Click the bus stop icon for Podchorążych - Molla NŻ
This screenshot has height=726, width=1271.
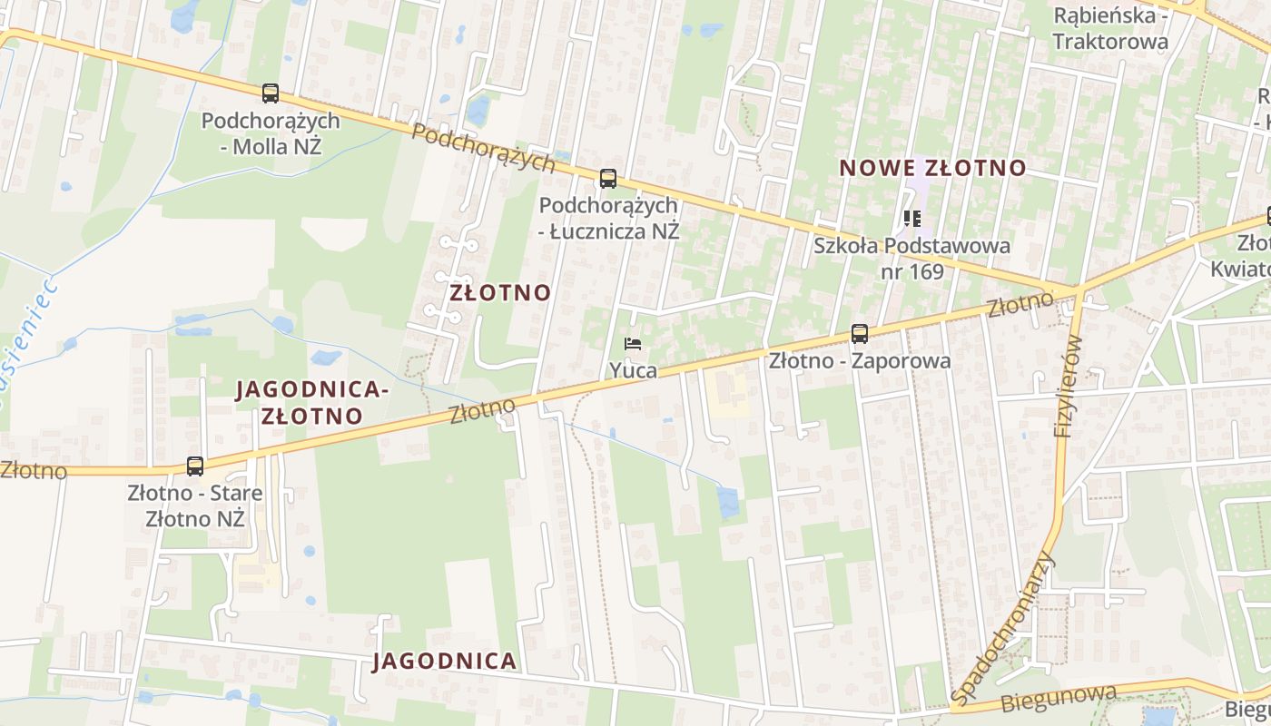tap(271, 93)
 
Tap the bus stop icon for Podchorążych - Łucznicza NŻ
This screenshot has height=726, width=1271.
tap(608, 178)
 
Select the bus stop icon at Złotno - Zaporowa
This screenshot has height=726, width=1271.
tap(860, 333)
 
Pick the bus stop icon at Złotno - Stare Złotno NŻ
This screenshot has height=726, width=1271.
tap(195, 466)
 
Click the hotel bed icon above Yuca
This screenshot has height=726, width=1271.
tap(634, 344)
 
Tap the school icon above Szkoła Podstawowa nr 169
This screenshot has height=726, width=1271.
tap(912, 218)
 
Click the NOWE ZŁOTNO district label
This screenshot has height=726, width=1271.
tap(932, 168)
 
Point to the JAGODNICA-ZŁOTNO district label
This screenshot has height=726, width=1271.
tap(312, 402)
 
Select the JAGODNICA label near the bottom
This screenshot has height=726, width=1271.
tap(445, 661)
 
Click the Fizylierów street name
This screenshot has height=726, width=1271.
tap(1069, 386)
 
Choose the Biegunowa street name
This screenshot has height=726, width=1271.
tap(1059, 699)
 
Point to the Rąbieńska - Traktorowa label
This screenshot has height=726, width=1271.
tap(1109, 28)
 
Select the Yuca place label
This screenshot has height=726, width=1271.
tap(634, 369)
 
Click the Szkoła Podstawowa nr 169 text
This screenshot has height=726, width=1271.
tap(911, 258)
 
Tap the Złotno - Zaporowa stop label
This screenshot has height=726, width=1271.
tap(860, 360)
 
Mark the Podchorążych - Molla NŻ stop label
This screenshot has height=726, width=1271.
tap(271, 132)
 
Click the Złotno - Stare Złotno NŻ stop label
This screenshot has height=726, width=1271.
tap(195, 506)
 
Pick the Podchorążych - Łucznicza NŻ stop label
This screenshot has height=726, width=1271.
tap(608, 218)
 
